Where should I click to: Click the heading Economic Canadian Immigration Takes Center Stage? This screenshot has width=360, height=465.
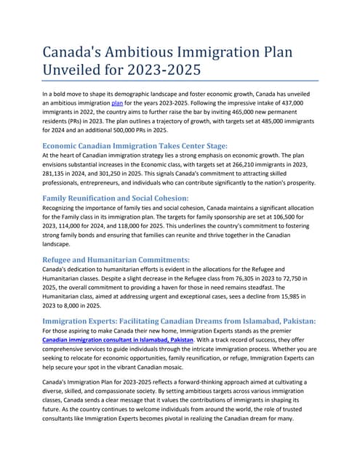pyautogui.click(x=135, y=145)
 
